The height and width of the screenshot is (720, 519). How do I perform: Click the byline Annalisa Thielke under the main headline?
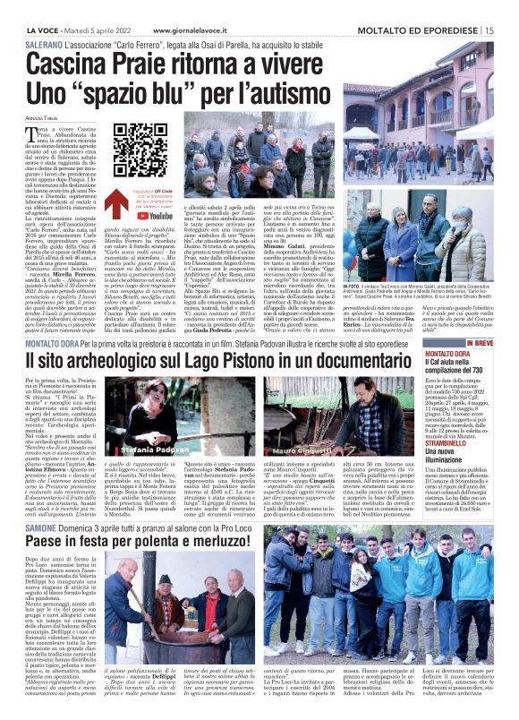click(46, 112)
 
